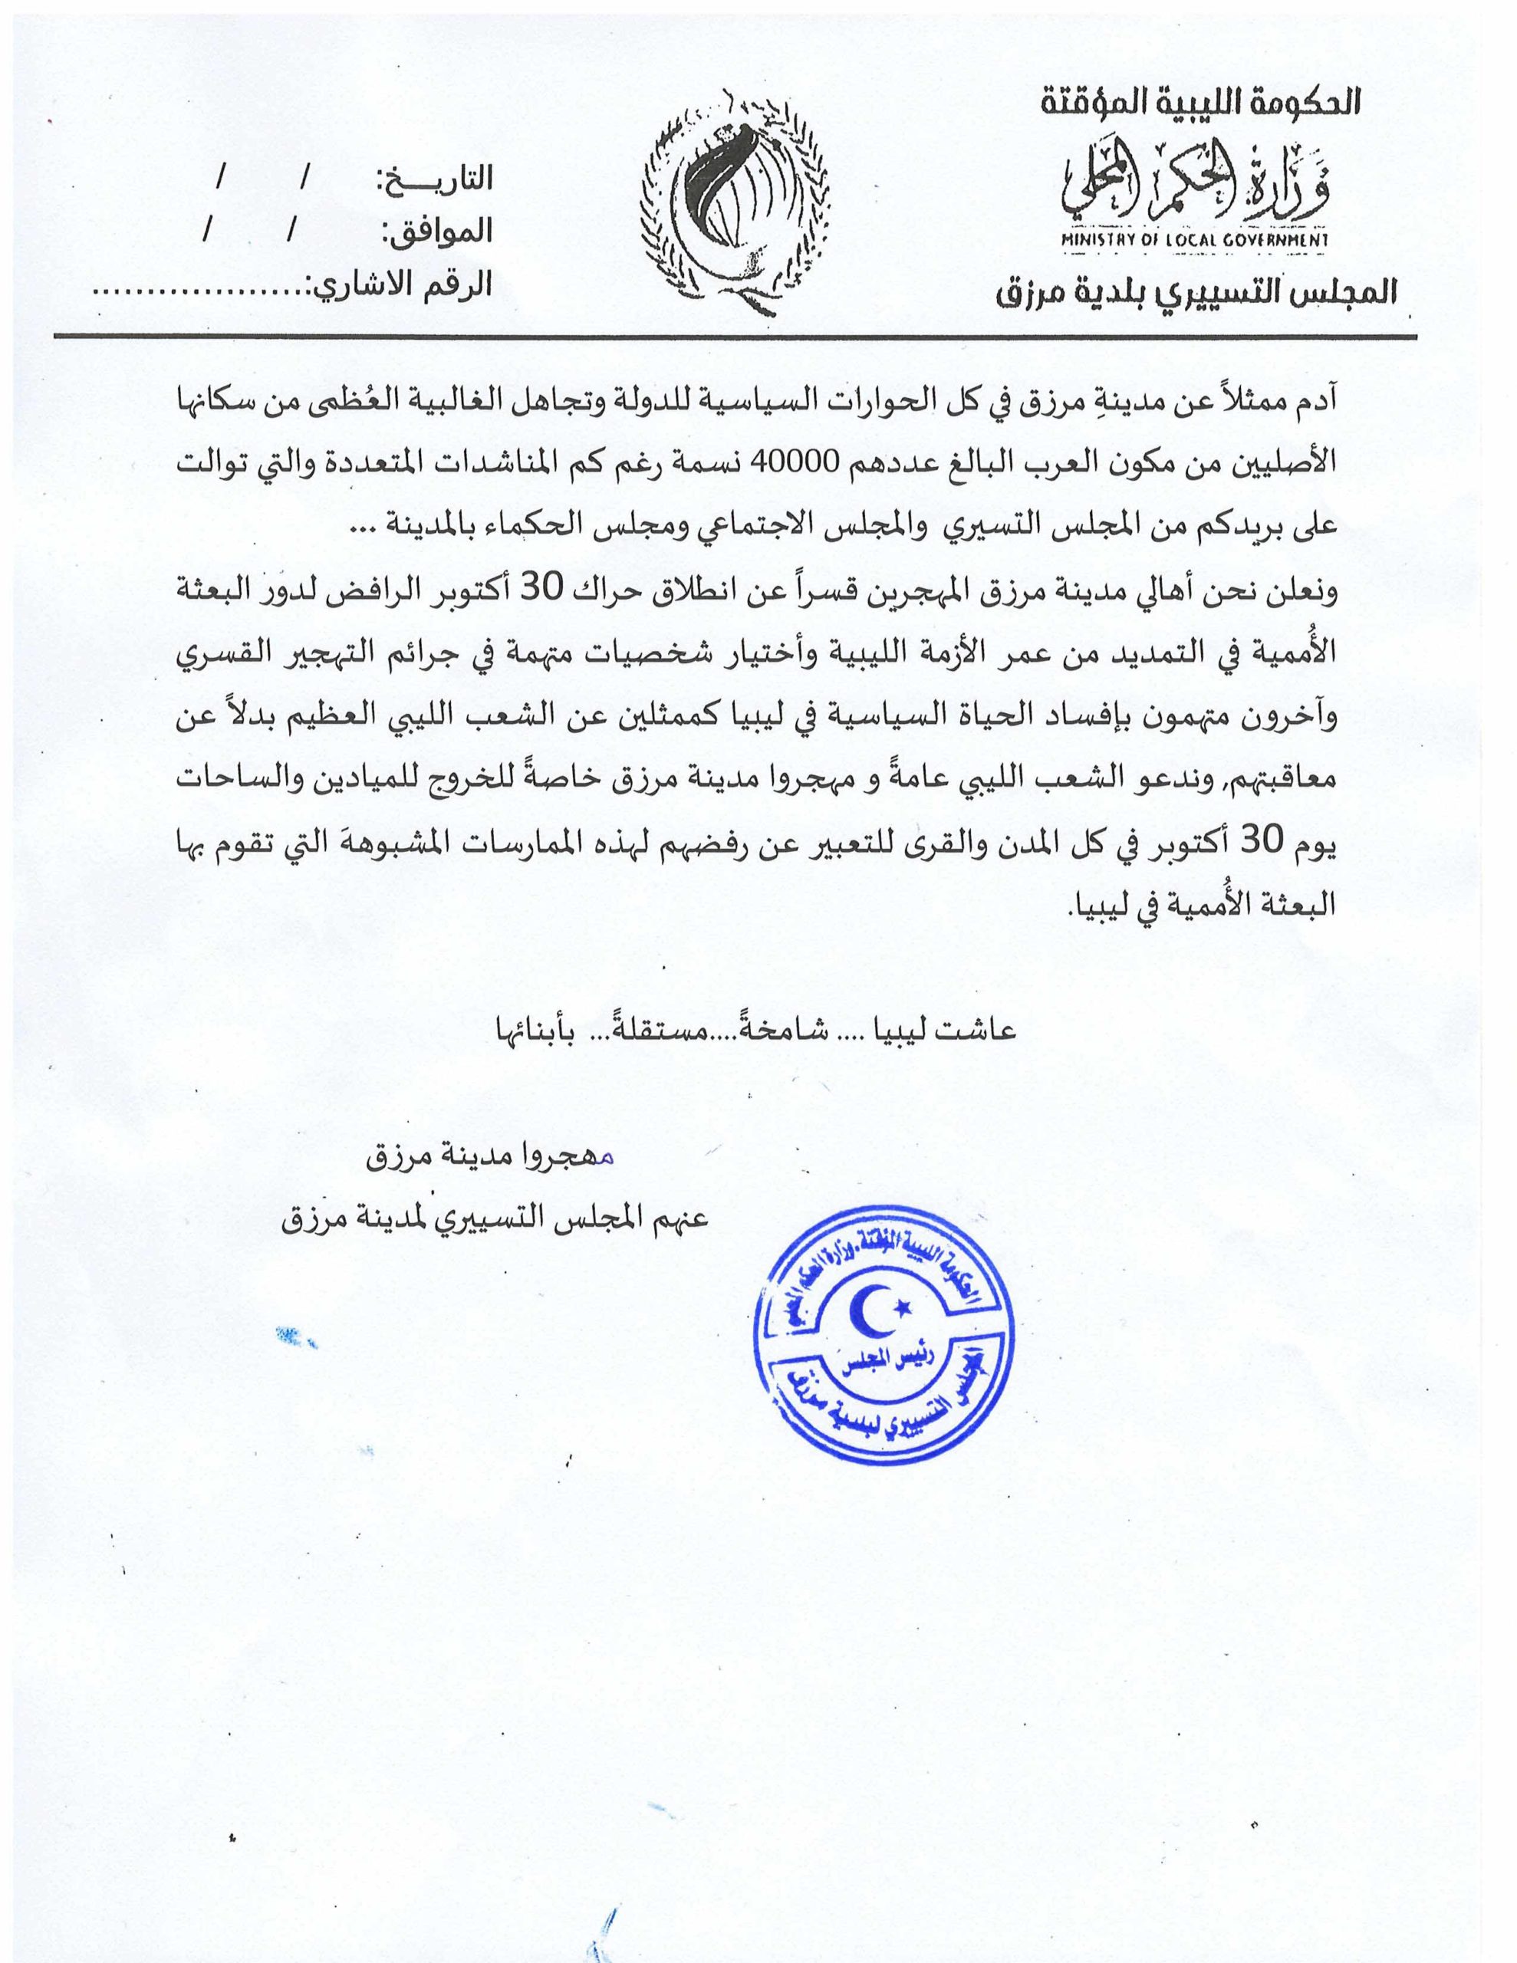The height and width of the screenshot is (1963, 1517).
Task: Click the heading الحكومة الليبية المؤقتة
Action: [1200, 101]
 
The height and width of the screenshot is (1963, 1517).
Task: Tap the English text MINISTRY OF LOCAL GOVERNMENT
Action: [1194, 241]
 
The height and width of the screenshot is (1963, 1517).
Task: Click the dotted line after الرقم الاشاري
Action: [199, 292]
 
